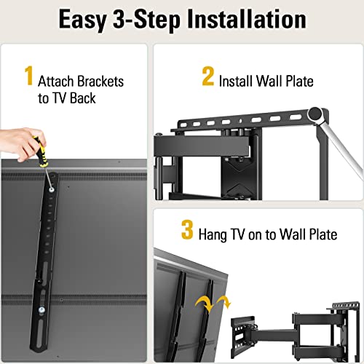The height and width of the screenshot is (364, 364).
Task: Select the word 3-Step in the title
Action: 147,20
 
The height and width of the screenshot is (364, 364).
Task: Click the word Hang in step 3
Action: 218,234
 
